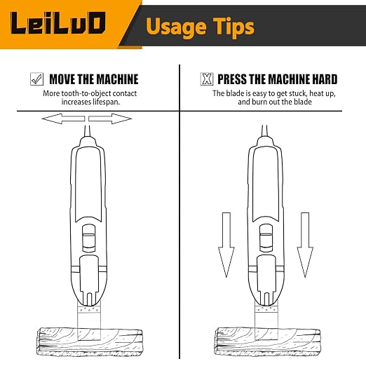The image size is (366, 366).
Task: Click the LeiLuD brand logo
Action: click(x=58, y=23)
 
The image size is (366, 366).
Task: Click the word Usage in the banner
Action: click(x=176, y=27)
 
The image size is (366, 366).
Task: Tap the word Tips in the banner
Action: click(x=234, y=27)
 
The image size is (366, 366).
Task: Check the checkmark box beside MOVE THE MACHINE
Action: click(x=36, y=79)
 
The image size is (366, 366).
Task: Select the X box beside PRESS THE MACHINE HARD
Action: click(x=207, y=79)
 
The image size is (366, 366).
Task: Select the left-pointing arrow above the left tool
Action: click(x=63, y=118)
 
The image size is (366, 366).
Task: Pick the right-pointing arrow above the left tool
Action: click(x=110, y=118)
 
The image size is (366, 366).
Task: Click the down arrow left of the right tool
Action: click(x=226, y=245)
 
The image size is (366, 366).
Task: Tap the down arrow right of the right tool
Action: click(x=305, y=245)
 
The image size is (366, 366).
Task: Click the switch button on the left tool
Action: click(x=89, y=238)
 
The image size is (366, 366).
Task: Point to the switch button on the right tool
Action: click(x=266, y=238)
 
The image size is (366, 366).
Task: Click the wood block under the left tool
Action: click(x=90, y=341)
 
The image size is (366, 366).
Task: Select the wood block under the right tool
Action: click(x=267, y=341)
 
